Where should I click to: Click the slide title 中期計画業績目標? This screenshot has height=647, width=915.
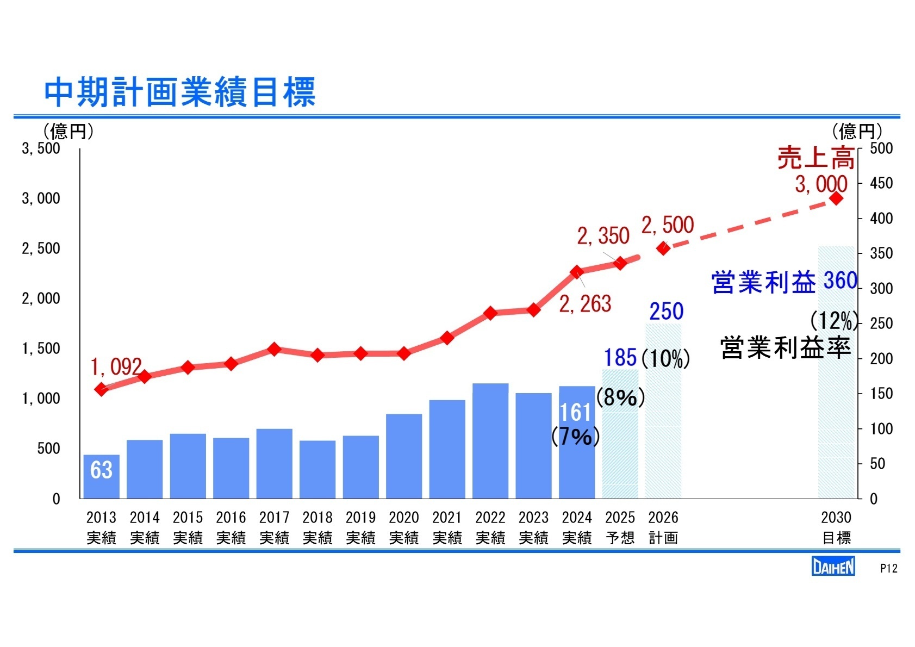point(179,92)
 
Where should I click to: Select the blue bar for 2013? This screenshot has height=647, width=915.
point(101,476)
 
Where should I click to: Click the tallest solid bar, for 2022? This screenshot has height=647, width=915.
point(490,440)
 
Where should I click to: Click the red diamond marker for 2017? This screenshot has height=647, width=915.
point(275,349)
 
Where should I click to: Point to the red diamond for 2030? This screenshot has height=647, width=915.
point(836,198)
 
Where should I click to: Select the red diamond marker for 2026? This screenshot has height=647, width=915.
point(663,248)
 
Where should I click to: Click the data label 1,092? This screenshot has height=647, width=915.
point(116,367)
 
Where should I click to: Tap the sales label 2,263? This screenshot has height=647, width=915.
point(585,304)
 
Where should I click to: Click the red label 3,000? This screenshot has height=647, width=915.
point(821,184)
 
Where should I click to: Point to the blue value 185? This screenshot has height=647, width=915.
point(620,358)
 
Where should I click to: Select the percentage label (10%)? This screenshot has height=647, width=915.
point(665,359)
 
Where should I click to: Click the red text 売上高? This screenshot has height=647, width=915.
point(816,159)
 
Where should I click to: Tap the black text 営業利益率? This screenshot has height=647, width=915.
point(785,348)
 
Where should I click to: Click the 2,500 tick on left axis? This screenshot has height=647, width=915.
point(41,248)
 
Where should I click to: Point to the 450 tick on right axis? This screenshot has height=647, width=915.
point(881,183)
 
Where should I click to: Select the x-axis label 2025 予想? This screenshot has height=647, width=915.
point(620,527)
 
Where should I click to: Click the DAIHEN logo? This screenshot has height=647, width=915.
point(833,567)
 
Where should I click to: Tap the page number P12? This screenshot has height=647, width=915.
point(888,568)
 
